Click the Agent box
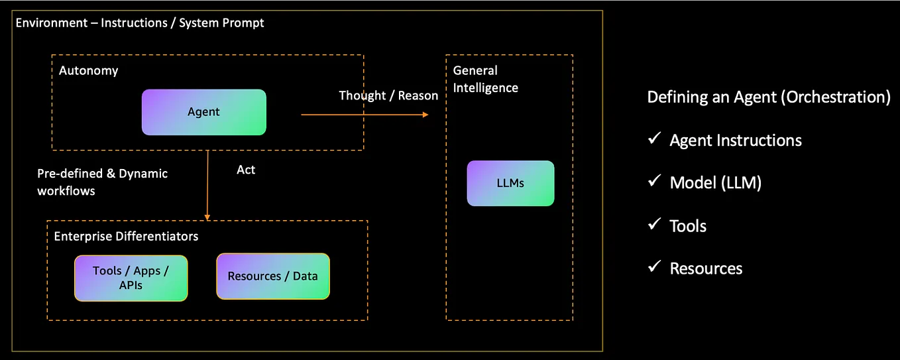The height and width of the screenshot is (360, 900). point(203,112)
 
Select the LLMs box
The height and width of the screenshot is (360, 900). point(510,183)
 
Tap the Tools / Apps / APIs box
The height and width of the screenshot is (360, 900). point(131,278)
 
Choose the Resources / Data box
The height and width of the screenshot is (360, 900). point(272,276)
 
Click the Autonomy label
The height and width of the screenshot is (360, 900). point(88,70)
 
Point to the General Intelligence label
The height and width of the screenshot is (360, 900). point(485,79)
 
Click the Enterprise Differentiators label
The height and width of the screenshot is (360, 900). point(126,236)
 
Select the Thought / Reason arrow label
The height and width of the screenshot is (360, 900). point(388,95)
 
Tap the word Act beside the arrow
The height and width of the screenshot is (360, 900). point(246,170)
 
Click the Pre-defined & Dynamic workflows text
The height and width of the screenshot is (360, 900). point(102,182)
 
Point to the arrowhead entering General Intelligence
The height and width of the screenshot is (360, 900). point(425,115)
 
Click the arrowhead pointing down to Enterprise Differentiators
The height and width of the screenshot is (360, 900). point(207,216)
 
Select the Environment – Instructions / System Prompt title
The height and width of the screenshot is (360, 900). point(140,23)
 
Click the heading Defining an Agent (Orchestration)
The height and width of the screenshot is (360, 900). point(768,97)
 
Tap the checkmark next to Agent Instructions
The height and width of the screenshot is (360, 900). point(654,139)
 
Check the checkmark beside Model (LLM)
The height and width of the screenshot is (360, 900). point(654,182)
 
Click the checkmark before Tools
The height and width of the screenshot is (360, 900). point(654,225)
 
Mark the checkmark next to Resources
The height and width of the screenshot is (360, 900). point(654,267)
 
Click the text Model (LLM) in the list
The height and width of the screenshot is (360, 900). point(715,183)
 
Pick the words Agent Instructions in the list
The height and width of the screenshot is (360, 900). point(735,141)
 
